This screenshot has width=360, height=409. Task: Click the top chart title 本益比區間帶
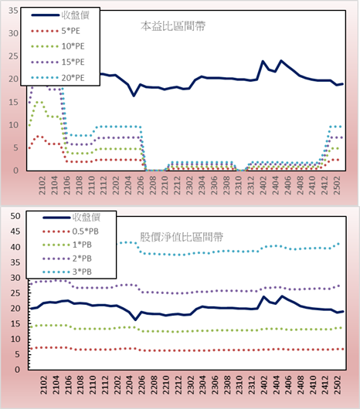coord(173,26)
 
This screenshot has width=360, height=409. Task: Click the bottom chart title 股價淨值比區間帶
coord(182,237)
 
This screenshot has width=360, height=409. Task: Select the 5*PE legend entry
coord(56,31)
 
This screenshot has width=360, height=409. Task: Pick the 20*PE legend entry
coord(58,78)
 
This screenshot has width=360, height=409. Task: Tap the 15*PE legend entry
coord(58,62)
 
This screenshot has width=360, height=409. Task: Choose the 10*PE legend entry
coord(58,46)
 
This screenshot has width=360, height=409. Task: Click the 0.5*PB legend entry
coord(70,232)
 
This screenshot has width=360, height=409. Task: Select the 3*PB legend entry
coord(67,272)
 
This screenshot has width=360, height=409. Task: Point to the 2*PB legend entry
coord(67,259)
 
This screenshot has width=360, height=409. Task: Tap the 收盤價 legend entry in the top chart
coord(60,15)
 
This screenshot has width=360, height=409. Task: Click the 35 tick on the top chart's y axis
coord(13,11)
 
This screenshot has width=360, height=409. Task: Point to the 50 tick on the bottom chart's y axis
coord(15,216)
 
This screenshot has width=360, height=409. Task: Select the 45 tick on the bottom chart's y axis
coord(15,232)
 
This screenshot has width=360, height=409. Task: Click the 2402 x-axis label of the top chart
coord(263,185)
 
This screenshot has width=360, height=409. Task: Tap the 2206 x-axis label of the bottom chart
coord(141,385)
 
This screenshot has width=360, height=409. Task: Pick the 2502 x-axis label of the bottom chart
coord(338,385)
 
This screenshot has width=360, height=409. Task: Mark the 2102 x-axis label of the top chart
coord(42,185)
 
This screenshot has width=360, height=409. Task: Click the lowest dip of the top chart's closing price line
coord(134,96)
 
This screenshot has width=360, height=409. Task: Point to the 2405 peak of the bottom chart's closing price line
coord(281,296)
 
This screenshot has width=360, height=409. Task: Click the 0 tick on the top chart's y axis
coord(16,171)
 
